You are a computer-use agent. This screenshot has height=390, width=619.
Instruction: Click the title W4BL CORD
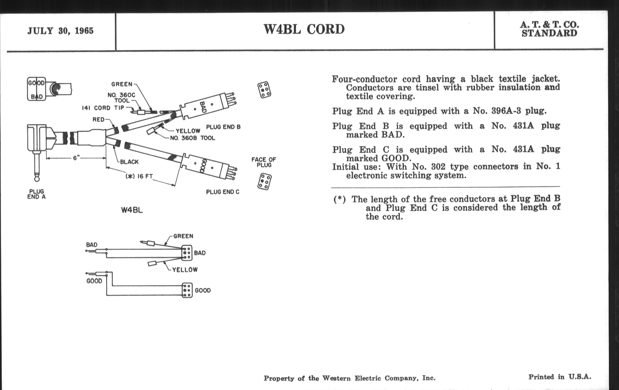(304, 29)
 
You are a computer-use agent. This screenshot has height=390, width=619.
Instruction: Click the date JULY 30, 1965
(60, 31)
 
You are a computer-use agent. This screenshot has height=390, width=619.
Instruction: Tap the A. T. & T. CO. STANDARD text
(549, 29)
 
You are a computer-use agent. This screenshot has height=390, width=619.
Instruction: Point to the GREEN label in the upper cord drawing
(122, 84)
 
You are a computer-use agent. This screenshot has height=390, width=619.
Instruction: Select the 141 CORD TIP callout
(103, 108)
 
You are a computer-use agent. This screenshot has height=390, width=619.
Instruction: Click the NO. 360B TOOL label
(192, 138)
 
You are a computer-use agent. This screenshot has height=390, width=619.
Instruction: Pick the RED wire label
(99, 120)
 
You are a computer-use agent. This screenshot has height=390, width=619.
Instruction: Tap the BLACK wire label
(129, 162)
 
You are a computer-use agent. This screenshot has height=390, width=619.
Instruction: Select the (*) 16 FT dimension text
(139, 176)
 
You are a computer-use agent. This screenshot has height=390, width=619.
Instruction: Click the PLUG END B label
(223, 127)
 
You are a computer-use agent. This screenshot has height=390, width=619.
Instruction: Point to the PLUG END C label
(223, 192)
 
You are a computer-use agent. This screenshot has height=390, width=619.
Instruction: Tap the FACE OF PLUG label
(264, 162)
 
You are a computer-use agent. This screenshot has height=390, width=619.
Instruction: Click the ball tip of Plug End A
(37, 178)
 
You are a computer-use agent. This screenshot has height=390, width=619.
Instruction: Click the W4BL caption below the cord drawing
(132, 210)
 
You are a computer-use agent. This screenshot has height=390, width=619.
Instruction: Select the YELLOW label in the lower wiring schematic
(185, 270)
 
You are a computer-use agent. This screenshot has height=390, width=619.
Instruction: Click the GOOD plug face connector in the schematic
(187, 290)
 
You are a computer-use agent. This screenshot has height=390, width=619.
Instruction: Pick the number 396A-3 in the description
(507, 111)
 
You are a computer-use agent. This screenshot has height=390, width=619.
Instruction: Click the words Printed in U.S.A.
(560, 377)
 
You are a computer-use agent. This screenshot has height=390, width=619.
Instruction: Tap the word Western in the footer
(337, 378)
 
